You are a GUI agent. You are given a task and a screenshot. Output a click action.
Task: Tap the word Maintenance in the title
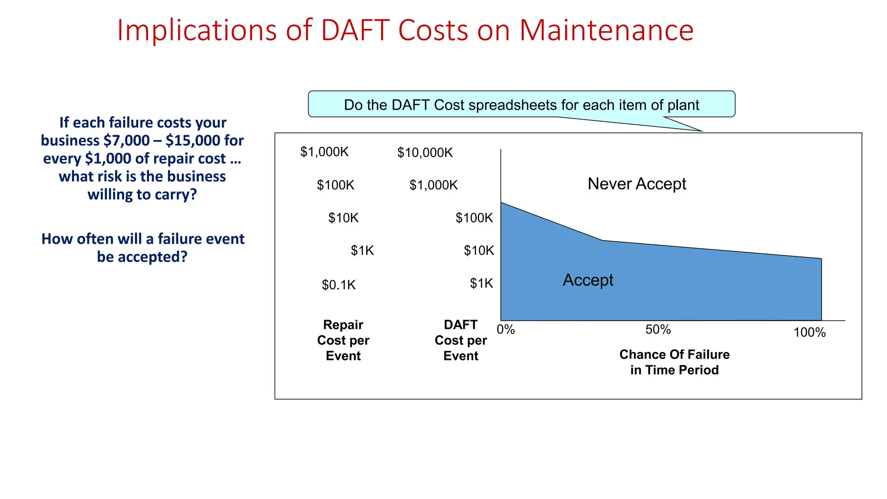(x=606, y=30)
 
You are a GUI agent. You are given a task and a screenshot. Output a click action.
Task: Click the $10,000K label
(x=425, y=152)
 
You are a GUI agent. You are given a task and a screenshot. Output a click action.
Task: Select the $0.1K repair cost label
(x=339, y=285)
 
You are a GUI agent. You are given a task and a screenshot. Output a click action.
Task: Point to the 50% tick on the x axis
(x=658, y=330)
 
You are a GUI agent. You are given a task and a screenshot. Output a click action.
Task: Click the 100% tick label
(x=809, y=333)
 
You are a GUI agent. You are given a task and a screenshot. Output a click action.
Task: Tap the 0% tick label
(x=505, y=330)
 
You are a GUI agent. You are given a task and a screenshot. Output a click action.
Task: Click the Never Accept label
(x=637, y=184)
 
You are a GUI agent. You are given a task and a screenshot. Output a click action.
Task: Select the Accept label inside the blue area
(x=588, y=280)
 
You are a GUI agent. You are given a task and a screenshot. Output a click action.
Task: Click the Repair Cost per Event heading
(x=343, y=340)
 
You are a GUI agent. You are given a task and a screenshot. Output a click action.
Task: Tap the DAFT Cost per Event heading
(x=461, y=340)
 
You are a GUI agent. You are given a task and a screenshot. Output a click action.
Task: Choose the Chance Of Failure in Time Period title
(x=674, y=362)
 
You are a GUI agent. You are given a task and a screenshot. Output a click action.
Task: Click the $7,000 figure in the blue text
(x=126, y=141)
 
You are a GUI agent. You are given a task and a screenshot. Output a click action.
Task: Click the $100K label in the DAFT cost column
(x=474, y=218)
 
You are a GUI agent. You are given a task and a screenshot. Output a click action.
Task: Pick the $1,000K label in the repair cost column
(x=324, y=152)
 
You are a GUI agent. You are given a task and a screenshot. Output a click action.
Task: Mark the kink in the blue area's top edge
(x=602, y=240)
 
